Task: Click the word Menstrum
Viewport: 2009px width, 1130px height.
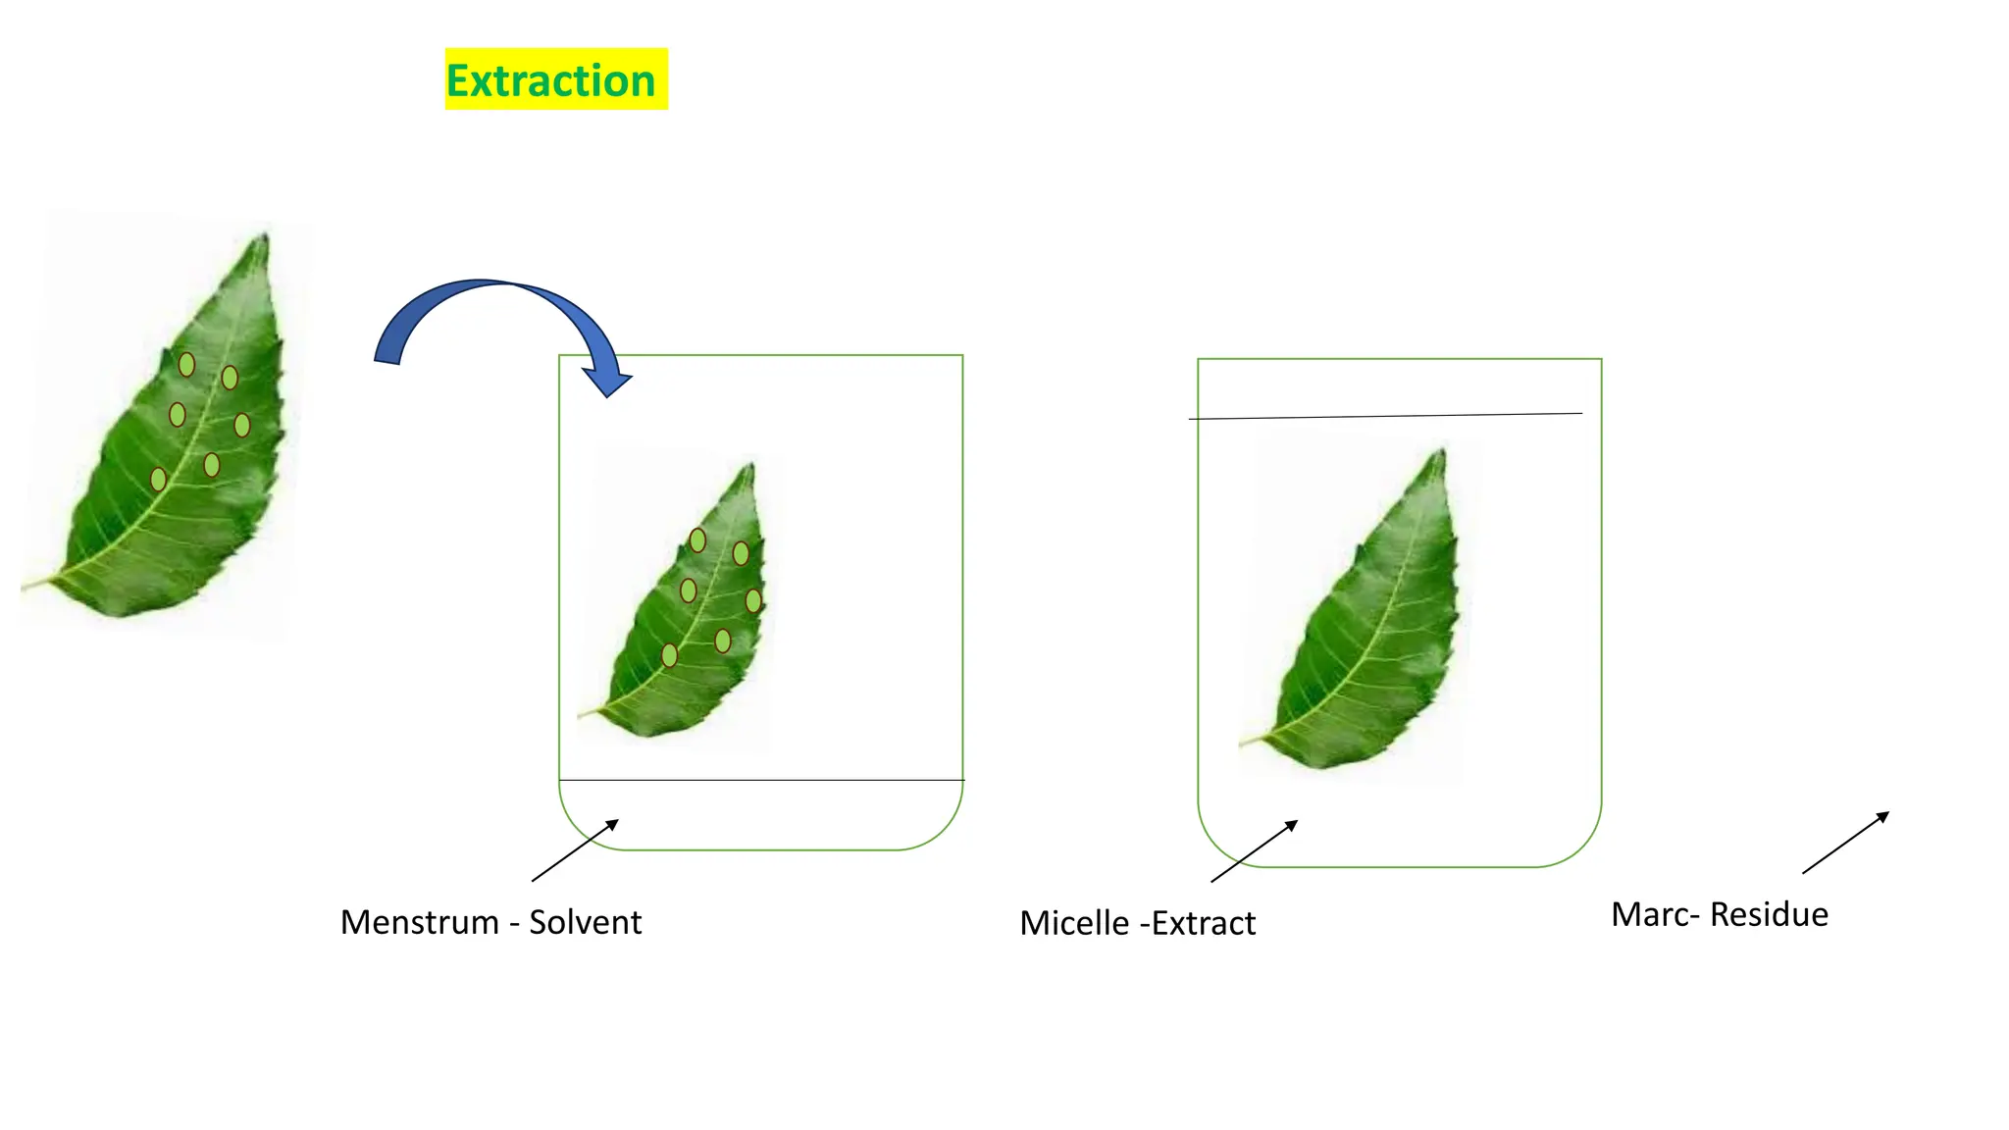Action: tap(420, 922)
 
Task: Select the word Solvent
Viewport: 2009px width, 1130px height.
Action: tap(585, 922)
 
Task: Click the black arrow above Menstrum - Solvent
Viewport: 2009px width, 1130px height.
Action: tap(575, 850)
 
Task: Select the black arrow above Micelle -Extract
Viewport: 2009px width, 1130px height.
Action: tap(1254, 851)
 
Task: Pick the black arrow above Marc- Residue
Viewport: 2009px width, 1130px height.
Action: tap(1845, 843)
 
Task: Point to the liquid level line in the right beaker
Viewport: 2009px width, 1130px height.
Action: tap(1385, 416)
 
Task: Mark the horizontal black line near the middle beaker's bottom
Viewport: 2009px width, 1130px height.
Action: tap(761, 780)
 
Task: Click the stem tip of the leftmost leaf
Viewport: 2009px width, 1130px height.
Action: tap(26, 588)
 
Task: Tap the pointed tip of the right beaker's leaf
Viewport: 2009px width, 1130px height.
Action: tap(1442, 451)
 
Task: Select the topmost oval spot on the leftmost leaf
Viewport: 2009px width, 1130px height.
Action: tap(186, 365)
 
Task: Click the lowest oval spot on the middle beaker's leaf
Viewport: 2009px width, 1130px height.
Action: tap(669, 655)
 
